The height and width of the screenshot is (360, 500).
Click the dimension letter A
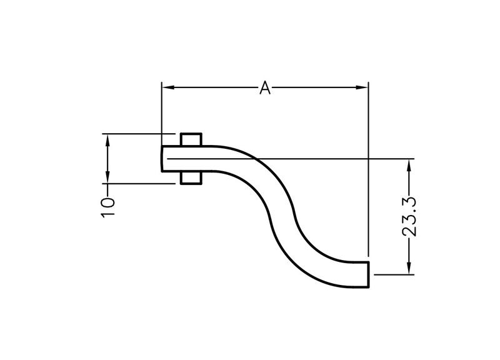pos(265,87)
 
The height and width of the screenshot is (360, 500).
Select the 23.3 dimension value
pos(409,217)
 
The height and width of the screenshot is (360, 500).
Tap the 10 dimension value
pos(107,207)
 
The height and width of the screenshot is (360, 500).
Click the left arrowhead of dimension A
pos(167,87)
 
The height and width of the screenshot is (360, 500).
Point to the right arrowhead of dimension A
pos(362,87)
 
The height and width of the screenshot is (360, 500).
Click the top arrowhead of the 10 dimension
pos(107,140)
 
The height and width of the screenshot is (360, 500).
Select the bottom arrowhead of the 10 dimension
pos(107,177)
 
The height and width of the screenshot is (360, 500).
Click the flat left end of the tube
pos(162,159)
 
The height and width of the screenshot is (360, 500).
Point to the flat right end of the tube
pos(369,274)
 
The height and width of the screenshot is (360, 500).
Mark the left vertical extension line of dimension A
pos(162,114)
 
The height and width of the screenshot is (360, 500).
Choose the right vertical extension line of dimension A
pos(368,169)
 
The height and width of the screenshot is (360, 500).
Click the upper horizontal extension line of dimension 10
pos(139,134)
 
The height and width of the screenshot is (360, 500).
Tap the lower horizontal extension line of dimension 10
pos(139,184)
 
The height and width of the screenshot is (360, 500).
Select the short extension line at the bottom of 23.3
pos(394,274)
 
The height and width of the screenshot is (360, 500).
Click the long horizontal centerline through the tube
pos(291,159)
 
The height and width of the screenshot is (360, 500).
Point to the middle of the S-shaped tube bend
pos(282,217)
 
